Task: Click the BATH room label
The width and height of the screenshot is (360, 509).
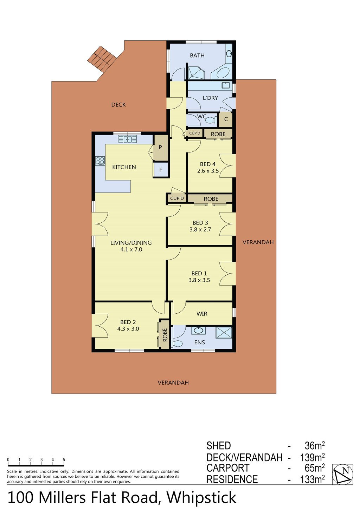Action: click(x=197, y=56)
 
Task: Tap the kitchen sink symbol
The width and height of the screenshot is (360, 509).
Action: click(x=127, y=139)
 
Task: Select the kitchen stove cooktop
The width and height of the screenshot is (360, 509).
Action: click(x=100, y=161)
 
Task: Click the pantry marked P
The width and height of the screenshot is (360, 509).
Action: click(x=160, y=147)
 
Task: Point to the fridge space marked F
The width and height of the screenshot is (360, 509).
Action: click(x=161, y=170)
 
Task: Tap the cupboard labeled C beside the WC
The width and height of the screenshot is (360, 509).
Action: click(x=226, y=119)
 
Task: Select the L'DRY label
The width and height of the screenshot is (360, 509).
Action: click(x=210, y=98)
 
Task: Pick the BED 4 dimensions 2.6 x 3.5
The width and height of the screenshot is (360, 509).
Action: click(x=208, y=171)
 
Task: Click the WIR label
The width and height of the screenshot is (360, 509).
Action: click(x=202, y=314)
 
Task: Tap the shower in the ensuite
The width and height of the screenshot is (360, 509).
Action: click(x=224, y=334)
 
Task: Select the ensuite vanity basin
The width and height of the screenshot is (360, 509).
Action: click(x=198, y=331)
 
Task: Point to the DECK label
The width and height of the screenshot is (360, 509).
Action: click(x=118, y=105)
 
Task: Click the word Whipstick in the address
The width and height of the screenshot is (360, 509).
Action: click(x=201, y=498)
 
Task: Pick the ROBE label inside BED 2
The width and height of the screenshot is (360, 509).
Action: click(x=165, y=335)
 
